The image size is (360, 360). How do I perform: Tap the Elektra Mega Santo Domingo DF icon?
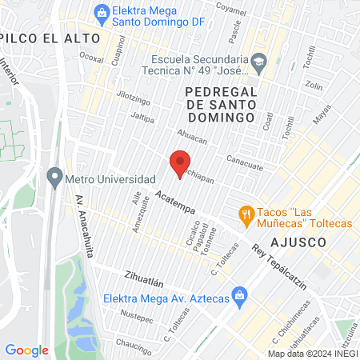pyautogui.click(x=102, y=12)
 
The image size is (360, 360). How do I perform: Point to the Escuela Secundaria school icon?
pyautogui.click(x=258, y=61)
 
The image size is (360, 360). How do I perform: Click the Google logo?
pyautogui.click(x=26, y=350)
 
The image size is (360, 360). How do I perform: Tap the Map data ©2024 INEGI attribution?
pyautogui.click(x=313, y=354)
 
